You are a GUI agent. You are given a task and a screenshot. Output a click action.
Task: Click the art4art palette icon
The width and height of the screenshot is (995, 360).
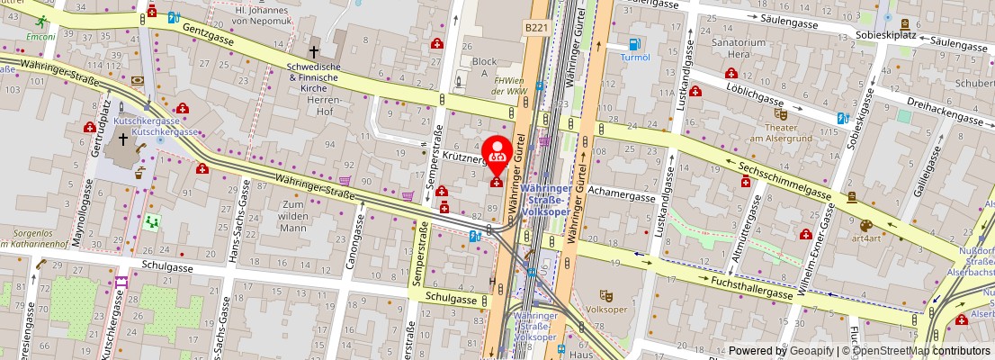pos(865,226)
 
